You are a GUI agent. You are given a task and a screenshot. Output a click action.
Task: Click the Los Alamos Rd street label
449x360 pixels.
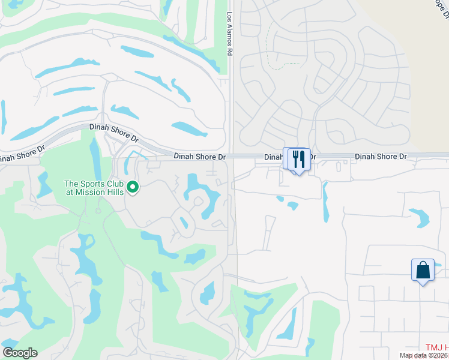pos(229,34)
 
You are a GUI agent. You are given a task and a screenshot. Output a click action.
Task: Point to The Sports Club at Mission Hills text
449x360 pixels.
pos(94,188)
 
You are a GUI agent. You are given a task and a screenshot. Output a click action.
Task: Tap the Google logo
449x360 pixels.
pos(20,353)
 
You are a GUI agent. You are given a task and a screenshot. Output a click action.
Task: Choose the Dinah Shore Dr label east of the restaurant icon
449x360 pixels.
pos(381,157)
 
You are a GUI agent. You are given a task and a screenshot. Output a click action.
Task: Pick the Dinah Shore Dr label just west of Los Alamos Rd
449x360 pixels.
pos(200,157)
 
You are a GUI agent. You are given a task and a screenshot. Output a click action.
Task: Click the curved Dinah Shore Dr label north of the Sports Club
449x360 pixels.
pos(113,132)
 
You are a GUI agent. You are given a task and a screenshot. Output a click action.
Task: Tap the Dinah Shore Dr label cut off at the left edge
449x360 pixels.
pos(22,156)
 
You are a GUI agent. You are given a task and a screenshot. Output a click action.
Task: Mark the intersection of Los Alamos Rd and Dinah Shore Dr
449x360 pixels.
pos(231,156)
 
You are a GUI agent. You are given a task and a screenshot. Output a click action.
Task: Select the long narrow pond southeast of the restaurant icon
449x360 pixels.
pos(326,202)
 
